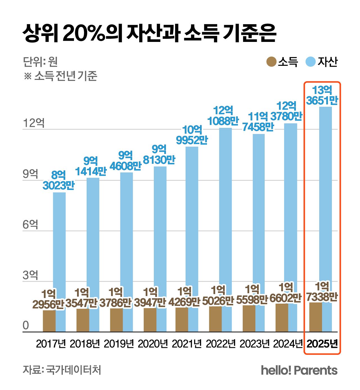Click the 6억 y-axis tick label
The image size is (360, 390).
coord(30,225)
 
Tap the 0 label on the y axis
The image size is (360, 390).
coord(26,326)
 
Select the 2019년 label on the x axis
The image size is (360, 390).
coord(119,344)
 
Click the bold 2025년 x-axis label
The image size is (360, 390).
coord(322,344)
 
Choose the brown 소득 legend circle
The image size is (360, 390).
coord(271,62)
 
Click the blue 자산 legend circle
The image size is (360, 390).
coord(310,62)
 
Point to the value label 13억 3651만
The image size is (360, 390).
coord(322,95)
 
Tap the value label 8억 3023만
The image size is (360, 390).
coord(58,181)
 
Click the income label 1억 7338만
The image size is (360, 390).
coord(322,292)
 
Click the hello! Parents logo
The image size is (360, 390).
coord(299,370)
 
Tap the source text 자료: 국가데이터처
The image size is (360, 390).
coord(62,370)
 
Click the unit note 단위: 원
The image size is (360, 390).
coord(40,62)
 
